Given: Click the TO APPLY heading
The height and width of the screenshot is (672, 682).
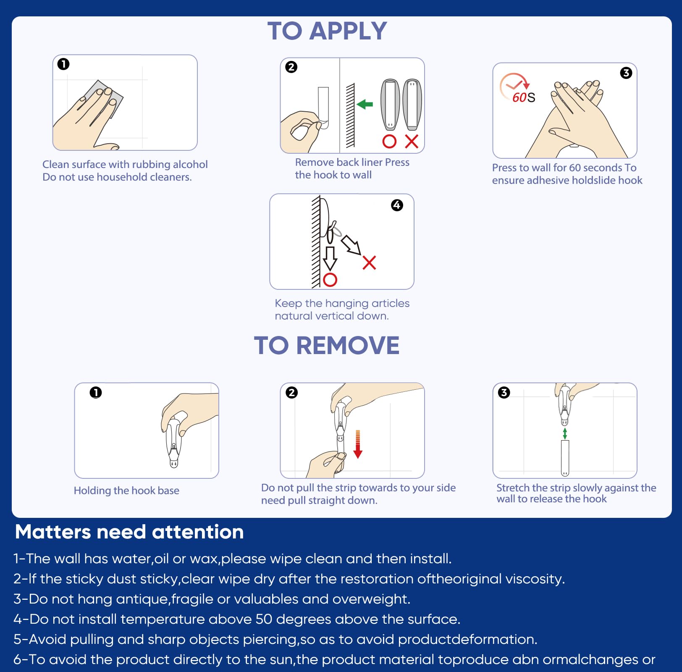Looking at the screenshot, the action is click(327, 31).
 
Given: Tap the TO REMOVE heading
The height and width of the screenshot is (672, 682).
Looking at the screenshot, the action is click(327, 345).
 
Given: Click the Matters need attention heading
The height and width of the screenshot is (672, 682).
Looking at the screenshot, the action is click(129, 532).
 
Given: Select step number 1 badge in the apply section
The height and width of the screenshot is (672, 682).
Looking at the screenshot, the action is click(63, 64).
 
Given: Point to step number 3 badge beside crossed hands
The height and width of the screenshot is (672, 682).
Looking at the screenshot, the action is click(626, 73).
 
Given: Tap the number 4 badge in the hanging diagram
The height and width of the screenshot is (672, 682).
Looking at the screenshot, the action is click(397, 205).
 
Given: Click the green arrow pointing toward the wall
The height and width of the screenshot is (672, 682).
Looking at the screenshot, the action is click(365, 104).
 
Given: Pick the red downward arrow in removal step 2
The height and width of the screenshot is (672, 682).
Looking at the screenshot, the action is click(358, 444).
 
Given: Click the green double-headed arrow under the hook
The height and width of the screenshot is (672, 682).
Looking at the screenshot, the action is click(565, 433).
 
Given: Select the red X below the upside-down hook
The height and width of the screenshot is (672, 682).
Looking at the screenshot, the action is click(412, 142).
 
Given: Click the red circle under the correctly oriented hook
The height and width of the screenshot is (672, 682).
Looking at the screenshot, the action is click(389, 142).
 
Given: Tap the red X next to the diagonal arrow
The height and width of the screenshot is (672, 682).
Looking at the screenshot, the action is click(369, 262).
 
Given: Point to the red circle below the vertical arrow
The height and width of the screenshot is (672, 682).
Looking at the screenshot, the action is click(330, 280).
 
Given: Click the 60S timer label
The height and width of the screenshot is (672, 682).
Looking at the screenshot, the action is click(524, 97).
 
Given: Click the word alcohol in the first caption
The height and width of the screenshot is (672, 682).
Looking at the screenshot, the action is click(191, 164).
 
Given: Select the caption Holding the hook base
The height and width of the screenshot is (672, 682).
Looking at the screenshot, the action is click(126, 491).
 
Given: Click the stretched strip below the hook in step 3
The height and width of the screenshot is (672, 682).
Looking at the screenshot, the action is click(565, 458).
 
